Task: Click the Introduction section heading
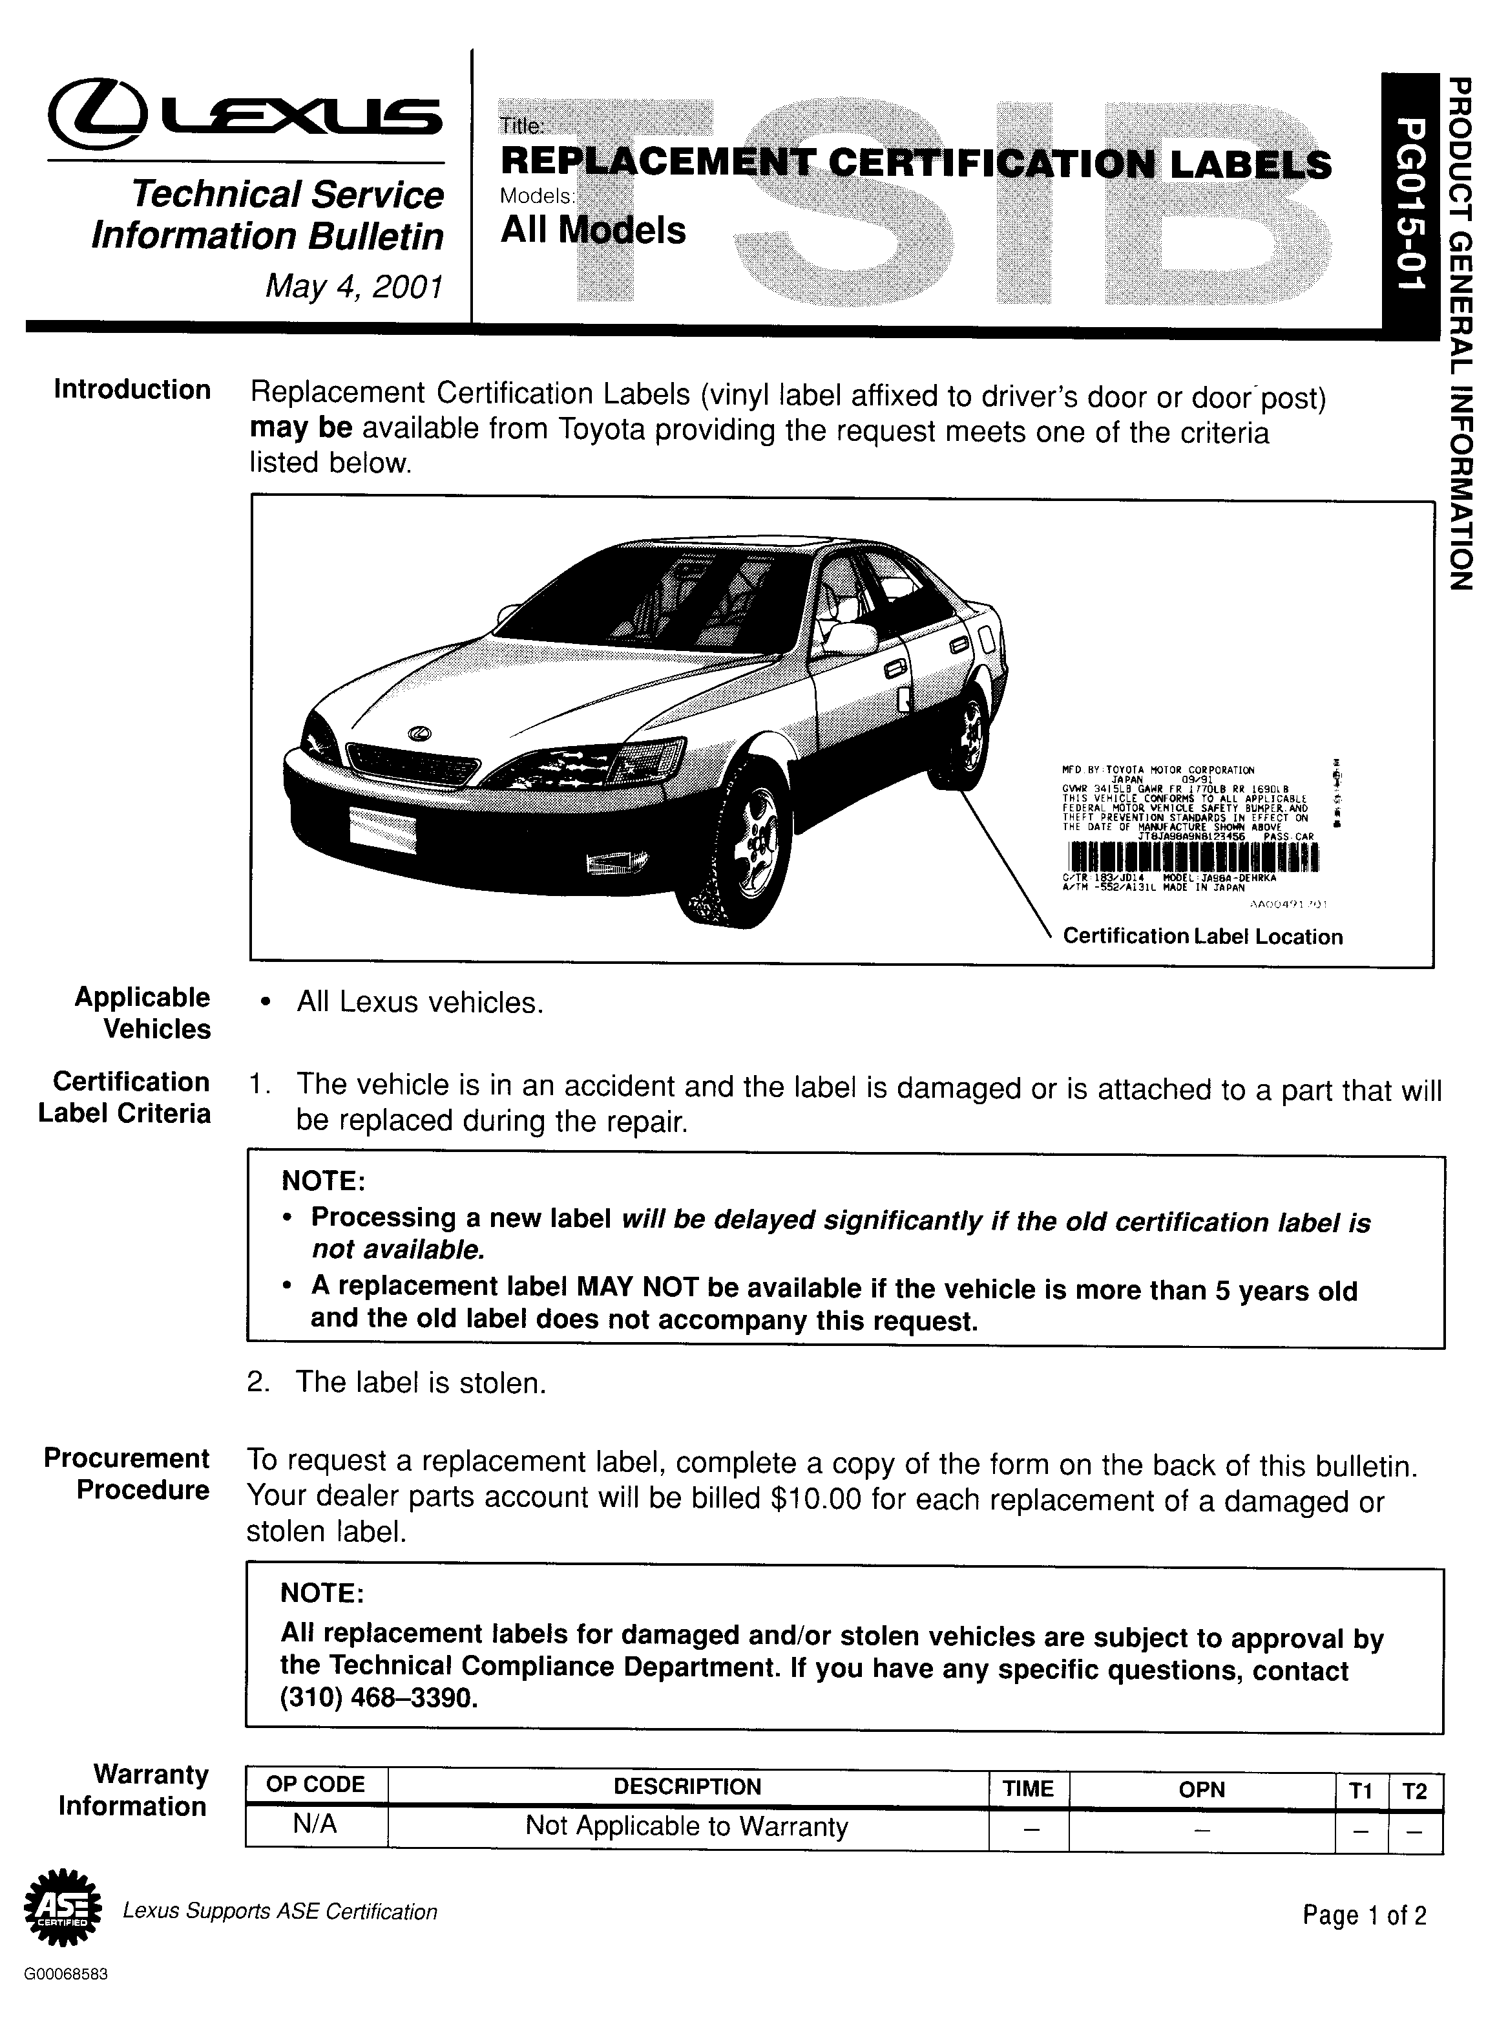coord(132,390)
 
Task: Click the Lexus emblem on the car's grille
coord(419,733)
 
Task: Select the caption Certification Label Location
coord(1202,937)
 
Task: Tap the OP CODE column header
coord(315,1785)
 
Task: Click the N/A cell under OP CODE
coord(315,1824)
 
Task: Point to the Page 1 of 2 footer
coord(1365,1915)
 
